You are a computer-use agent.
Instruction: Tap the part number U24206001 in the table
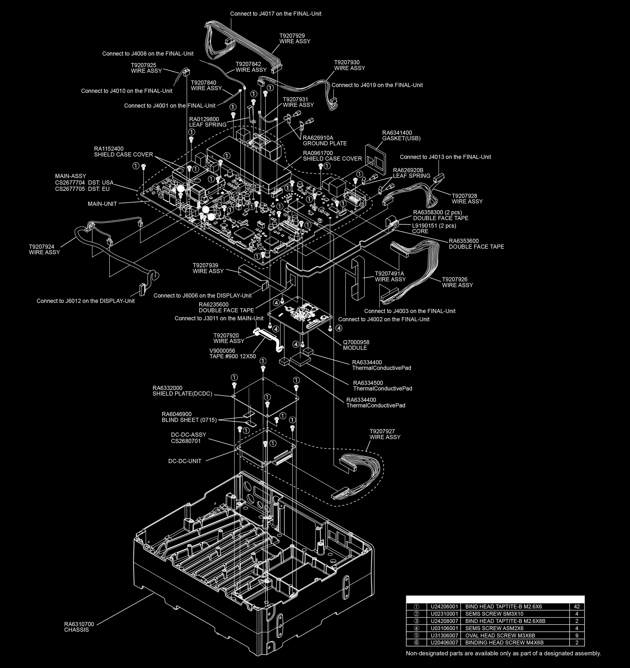point(444,607)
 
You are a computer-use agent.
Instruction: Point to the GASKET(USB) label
point(401,135)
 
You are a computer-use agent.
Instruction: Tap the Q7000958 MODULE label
point(356,345)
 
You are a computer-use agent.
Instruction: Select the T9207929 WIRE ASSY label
point(295,38)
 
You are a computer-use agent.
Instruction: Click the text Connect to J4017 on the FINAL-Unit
point(276,14)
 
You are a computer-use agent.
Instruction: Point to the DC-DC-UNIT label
point(185,461)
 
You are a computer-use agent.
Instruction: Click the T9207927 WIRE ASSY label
point(385,434)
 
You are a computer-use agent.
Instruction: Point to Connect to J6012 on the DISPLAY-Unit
point(85,301)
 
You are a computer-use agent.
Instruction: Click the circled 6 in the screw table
point(417,642)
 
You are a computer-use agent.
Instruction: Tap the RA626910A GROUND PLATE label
point(325,140)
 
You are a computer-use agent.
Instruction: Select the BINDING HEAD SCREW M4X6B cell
point(504,642)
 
